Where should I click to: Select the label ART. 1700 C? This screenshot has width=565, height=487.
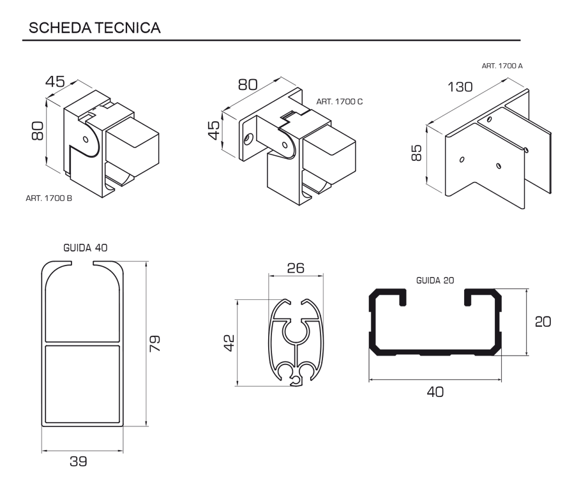[340, 101]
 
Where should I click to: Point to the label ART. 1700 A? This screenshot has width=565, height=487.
[503, 66]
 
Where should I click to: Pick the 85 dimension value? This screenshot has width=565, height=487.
[416, 153]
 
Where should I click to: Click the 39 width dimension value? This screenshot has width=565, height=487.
[80, 461]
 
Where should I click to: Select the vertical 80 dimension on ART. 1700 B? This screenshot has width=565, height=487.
[37, 131]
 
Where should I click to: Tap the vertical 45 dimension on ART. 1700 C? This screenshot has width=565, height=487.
[215, 131]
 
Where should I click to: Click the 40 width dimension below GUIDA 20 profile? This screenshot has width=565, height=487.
[435, 391]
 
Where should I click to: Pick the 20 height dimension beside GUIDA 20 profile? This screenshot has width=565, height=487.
[543, 322]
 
